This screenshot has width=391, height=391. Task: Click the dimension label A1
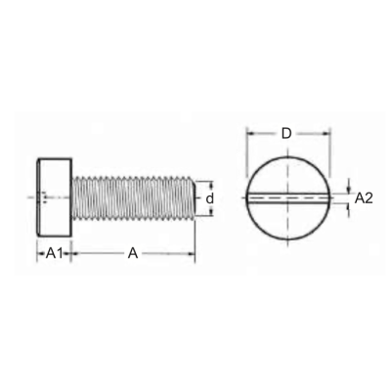[54, 253]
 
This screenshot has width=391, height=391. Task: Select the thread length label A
[133, 253]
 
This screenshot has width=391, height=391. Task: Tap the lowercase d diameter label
[210, 198]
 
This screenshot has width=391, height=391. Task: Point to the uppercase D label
[286, 133]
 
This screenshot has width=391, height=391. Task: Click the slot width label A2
[364, 198]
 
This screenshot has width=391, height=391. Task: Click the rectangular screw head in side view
[54, 197]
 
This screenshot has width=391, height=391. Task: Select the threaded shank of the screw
[133, 197]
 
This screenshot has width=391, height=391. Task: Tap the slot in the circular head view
[288, 198]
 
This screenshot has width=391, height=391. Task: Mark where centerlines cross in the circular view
[287, 197]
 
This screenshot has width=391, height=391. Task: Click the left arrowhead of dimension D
[250, 133]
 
